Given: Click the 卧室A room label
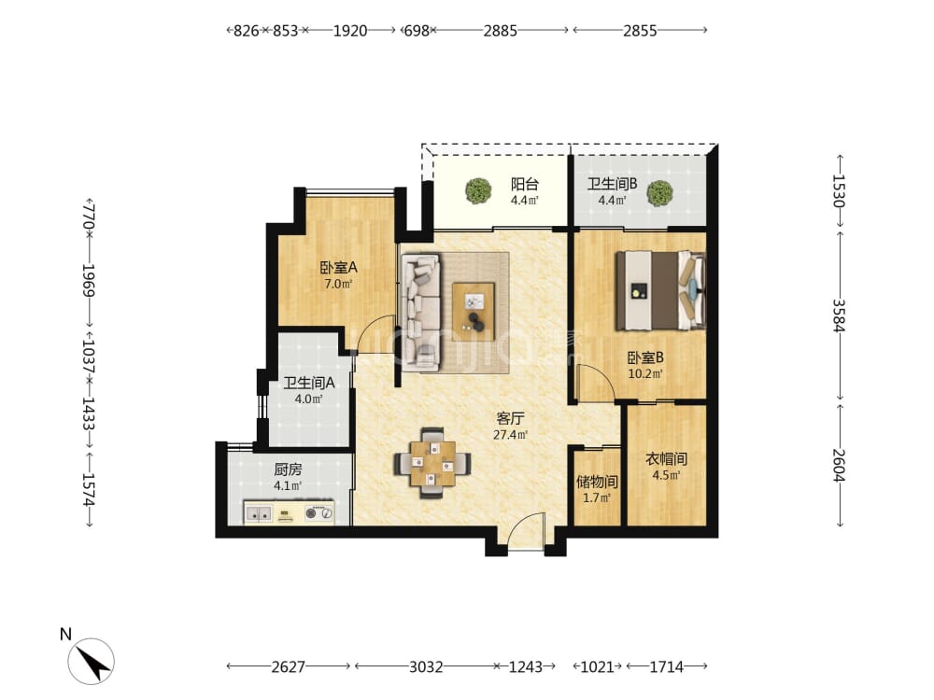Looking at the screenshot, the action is pyautogui.click(x=338, y=268).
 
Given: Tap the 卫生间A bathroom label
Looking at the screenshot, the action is pyautogui.click(x=308, y=383).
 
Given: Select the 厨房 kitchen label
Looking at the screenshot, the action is pyautogui.click(x=288, y=469).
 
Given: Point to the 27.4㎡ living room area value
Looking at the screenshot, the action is pyautogui.click(x=511, y=435).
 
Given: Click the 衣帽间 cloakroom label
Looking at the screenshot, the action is pyautogui.click(x=666, y=459).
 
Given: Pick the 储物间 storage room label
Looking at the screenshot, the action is pyautogui.click(x=596, y=482).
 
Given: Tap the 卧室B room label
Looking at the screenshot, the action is pyautogui.click(x=645, y=357).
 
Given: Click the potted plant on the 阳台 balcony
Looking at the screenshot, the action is pyautogui.click(x=478, y=190).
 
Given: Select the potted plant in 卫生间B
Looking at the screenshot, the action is pyautogui.click(x=659, y=193).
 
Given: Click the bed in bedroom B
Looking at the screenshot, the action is pyautogui.click(x=660, y=290).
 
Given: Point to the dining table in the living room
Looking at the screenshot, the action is pyautogui.click(x=432, y=463).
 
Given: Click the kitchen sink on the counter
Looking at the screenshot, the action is pyautogui.click(x=259, y=512).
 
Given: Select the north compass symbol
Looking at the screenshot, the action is pyautogui.click(x=91, y=660).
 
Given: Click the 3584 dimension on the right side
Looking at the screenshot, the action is pyautogui.click(x=840, y=315).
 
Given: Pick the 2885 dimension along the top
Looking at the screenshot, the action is pyautogui.click(x=500, y=31).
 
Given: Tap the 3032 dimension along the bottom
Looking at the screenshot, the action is pyautogui.click(x=425, y=666).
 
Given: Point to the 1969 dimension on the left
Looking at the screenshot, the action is pyautogui.click(x=89, y=280).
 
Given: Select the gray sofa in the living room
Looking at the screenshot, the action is pyautogui.click(x=421, y=312).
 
